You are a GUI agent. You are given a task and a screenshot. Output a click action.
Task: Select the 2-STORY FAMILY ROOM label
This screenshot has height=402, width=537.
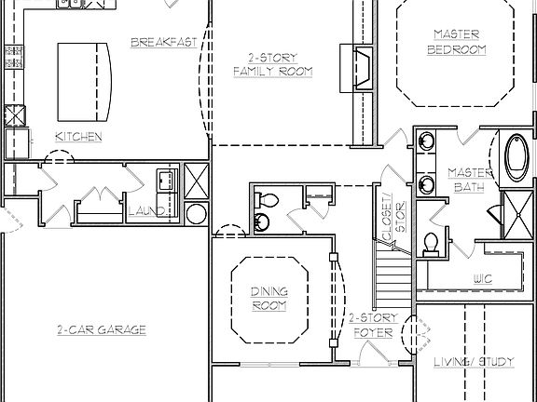click(272, 64)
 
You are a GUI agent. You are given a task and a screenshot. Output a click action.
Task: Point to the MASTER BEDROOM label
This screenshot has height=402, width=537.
click(456, 42)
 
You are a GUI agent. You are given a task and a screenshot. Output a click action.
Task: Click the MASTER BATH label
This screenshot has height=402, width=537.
click(463, 180)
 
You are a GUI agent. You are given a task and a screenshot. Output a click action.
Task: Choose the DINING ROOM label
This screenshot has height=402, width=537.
click(269, 298)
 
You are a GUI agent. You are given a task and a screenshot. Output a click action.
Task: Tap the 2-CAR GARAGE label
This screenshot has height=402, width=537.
click(101, 328)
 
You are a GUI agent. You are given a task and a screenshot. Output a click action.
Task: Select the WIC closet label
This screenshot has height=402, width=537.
click(482, 277)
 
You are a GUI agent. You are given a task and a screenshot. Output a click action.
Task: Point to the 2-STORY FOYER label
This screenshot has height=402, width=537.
click(373, 324)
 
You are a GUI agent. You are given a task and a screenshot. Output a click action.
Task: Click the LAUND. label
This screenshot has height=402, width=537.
click(147, 211)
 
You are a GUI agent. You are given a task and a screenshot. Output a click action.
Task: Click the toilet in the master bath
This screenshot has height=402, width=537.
click(431, 243)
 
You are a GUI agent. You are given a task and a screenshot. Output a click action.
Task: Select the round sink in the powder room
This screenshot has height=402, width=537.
click(260, 222)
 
